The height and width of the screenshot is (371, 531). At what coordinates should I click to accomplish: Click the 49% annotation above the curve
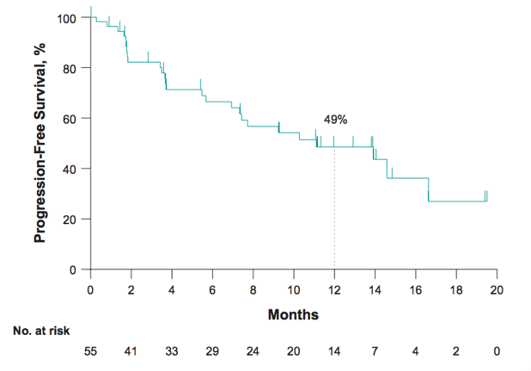pos(334,119)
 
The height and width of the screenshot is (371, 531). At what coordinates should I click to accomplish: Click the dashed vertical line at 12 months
pos(334,207)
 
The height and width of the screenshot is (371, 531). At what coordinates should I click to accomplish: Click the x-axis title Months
pos(293,315)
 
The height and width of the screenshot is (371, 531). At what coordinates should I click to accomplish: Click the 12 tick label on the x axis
pos(334,289)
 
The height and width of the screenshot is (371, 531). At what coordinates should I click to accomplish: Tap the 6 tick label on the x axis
pos(212,289)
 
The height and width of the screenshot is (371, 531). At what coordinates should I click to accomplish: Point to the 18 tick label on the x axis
pos(456,289)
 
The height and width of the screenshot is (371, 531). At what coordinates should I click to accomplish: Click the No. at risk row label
pos(40,330)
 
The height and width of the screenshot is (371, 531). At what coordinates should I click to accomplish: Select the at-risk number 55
pos(90,352)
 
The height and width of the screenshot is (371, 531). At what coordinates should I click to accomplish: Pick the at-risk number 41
pos(131,352)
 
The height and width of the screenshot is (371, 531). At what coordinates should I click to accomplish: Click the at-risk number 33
pos(172,352)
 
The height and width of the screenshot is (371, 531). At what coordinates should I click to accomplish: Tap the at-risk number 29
pos(212,352)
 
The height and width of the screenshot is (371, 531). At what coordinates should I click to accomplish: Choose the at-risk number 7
pos(375,352)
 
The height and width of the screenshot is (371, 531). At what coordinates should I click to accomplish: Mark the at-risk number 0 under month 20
pos(497,352)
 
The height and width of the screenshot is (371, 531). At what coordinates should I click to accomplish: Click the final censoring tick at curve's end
pos(486,195)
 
